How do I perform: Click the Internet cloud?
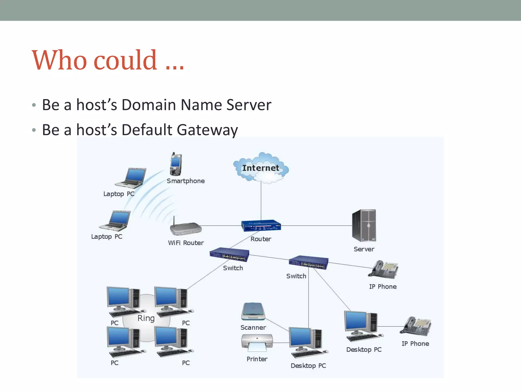(x=261, y=168)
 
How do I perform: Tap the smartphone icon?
(x=176, y=164)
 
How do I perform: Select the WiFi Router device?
(x=186, y=228)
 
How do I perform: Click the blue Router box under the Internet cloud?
(x=261, y=226)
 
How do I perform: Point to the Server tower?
(x=364, y=226)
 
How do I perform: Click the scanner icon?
(x=253, y=312)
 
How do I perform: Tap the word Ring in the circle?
(x=146, y=318)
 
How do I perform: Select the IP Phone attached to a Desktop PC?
(x=416, y=326)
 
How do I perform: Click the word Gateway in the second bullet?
(x=207, y=130)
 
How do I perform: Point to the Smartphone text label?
(x=186, y=181)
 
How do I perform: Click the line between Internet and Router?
(x=261, y=201)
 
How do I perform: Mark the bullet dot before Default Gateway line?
(x=34, y=130)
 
